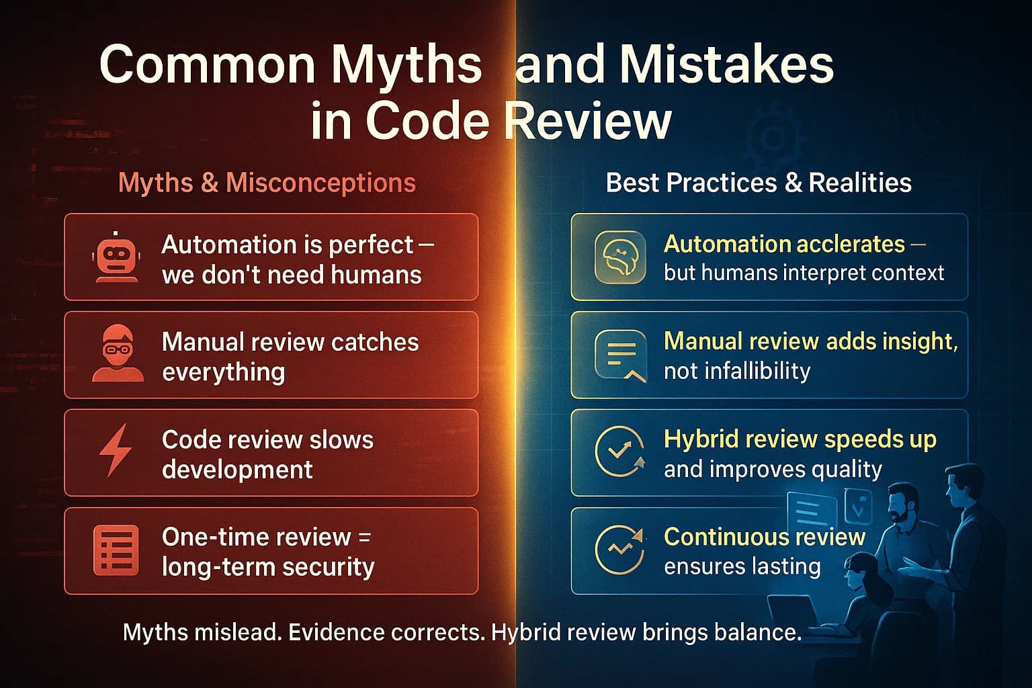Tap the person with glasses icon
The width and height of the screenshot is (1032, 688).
[x=118, y=354]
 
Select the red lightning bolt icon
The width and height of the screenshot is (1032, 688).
[x=116, y=451]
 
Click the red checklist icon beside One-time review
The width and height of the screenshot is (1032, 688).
[x=116, y=550]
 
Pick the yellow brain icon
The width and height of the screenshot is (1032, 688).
[x=619, y=257]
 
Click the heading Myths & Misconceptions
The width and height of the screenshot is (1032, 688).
[x=267, y=183]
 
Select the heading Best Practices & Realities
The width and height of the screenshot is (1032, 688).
[x=759, y=183]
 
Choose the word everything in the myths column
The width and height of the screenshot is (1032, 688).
[x=224, y=372]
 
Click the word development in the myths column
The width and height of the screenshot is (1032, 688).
[x=237, y=469]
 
